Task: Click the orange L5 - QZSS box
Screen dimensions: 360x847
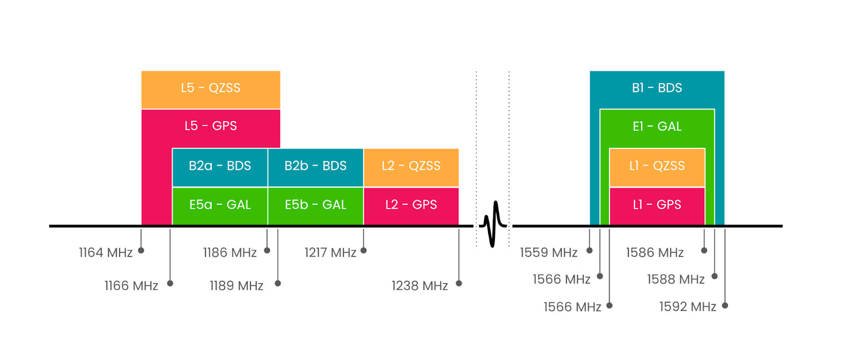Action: [211, 88]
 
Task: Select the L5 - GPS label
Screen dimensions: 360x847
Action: [211, 126]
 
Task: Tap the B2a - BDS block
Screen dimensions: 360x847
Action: [220, 166]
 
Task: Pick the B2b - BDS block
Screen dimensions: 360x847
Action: [316, 166]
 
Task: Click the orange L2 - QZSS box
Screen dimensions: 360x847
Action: [411, 166]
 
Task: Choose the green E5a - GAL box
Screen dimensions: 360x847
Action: [220, 205]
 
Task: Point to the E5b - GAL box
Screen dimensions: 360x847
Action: [316, 205]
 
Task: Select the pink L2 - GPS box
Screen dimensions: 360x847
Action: [411, 205]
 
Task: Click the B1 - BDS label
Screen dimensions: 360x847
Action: [657, 88]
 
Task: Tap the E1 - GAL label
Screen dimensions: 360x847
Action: [657, 127]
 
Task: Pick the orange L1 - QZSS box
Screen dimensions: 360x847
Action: [657, 166]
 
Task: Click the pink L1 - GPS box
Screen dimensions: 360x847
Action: [657, 205]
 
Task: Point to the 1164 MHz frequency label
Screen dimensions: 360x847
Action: [105, 253]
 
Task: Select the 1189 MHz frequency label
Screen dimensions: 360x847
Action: [237, 286]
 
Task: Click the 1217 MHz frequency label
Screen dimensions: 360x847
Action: [330, 253]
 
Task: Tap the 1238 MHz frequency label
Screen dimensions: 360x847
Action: [420, 286]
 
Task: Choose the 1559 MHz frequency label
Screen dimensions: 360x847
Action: [548, 253]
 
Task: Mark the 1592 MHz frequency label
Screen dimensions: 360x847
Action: [688, 307]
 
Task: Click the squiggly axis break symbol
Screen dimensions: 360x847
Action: [493, 224]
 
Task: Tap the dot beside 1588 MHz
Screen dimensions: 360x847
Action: [715, 276]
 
